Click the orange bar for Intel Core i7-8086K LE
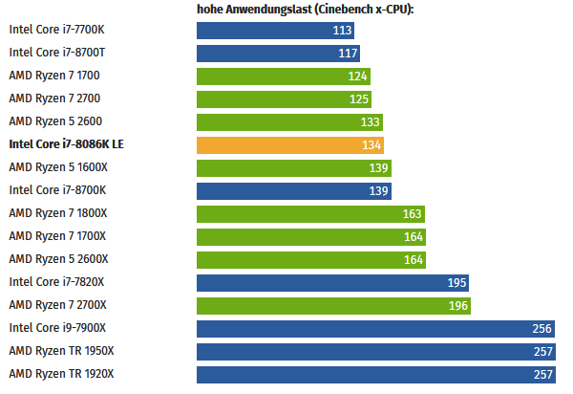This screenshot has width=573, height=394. tap(290, 145)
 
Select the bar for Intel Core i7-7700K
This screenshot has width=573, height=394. tap(277, 31)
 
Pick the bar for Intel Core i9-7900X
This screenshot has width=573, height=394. tap(376, 328)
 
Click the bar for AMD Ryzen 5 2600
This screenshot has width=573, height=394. tap(289, 122)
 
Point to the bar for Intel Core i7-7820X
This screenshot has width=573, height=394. tap(332, 282)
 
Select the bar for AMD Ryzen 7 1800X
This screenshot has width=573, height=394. tap(310, 213)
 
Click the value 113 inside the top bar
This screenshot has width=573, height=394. tap(343, 31)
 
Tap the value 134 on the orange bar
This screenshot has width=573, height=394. tap(371, 145)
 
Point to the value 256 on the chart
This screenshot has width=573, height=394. tap(542, 328)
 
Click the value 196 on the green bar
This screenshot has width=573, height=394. tap(457, 305)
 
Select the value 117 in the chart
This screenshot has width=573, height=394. tap(348, 54)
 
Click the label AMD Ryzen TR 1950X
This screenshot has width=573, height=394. tap(61, 351)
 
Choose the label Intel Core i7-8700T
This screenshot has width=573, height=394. tap(56, 53)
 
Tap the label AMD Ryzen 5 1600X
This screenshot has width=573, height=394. tap(57, 167)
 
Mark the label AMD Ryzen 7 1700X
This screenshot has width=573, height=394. tap(57, 236)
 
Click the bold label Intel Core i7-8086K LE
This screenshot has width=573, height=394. tap(66, 144)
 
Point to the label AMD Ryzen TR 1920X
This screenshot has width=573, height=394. tap(61, 374)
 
